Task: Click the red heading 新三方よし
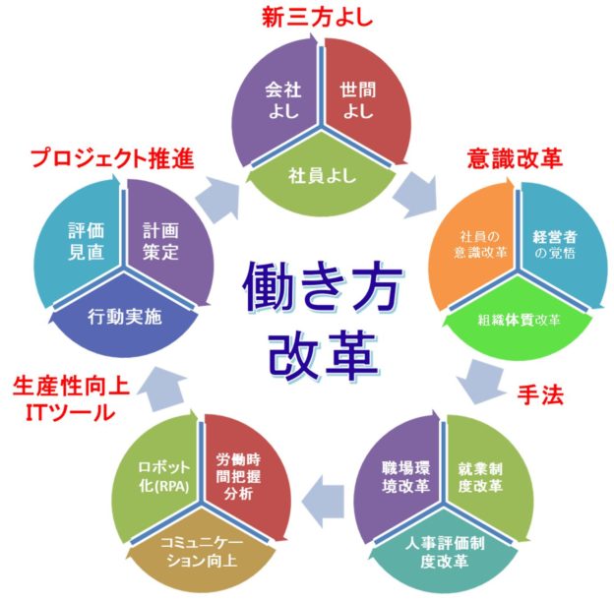pos(306,17)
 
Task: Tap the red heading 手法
pos(540,392)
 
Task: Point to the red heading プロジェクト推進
pos(110,157)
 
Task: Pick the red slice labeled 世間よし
pos(357,99)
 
